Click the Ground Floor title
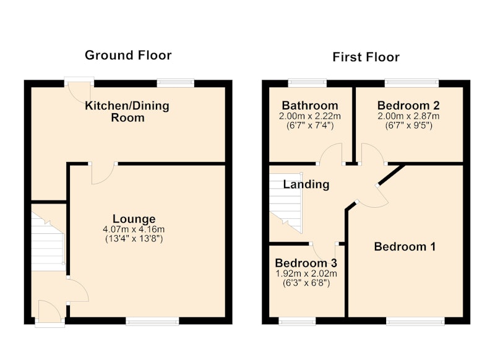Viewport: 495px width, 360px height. (128, 55)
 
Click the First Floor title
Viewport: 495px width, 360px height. (366, 57)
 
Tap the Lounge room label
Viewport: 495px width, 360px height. (134, 218)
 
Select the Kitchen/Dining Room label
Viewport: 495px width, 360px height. (127, 111)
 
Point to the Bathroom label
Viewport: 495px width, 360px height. (310, 105)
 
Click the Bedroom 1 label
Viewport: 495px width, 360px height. (405, 246)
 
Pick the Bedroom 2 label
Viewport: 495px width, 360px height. (408, 105)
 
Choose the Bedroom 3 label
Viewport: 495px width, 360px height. (306, 262)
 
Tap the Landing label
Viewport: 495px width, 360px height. (306, 184)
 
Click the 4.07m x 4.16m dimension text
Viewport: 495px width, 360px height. (134, 229)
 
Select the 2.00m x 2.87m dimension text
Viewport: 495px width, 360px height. (408, 116)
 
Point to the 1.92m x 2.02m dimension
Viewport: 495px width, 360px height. (306, 273)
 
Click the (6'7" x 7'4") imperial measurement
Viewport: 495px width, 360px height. (310, 126)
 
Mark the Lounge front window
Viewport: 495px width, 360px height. (152, 322)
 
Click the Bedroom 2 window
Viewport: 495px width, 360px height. (411, 83)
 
